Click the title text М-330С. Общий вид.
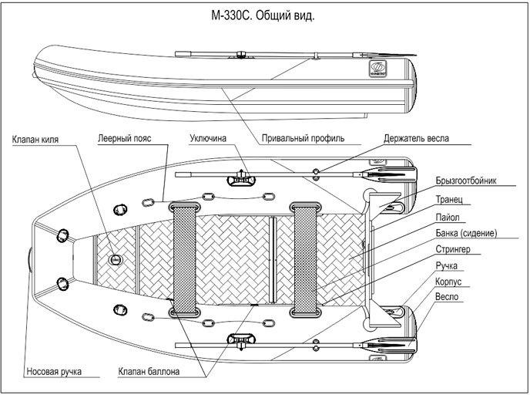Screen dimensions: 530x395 pos(263,16)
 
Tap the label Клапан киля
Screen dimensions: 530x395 pos(35,140)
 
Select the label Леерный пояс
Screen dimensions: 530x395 pos(124,138)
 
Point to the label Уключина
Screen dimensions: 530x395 pos(208,138)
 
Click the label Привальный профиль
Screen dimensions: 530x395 pos(304,138)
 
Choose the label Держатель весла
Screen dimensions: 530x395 pos(417,138)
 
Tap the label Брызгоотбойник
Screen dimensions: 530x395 pos(466,181)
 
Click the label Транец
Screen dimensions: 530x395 pos(449,199)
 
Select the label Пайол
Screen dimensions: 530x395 pos(448,217)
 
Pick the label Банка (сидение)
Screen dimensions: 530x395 pos(466,233)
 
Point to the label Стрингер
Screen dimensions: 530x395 pos(453,249)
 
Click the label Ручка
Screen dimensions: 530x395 pos(447,265)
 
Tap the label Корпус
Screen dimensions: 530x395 pos(448,282)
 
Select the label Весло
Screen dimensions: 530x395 pos(447,297)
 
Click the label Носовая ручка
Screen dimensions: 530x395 pos(54,372)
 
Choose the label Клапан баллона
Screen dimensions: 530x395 pos(149,372)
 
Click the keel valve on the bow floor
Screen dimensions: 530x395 pos(116,260)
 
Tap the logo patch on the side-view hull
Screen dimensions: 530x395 pos(378,69)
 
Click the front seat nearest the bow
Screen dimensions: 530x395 pos(185,259)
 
